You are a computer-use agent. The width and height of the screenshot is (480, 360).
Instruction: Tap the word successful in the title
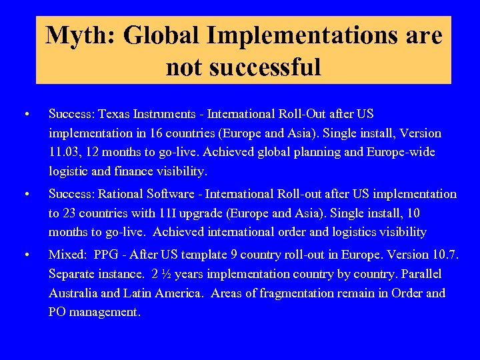point(243,67)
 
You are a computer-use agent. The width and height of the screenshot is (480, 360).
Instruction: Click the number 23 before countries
point(70,213)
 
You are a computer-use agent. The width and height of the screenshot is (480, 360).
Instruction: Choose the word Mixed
point(67,255)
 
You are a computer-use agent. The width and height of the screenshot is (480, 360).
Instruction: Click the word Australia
point(75,293)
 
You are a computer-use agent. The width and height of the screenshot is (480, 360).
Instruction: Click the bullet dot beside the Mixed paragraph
point(25,255)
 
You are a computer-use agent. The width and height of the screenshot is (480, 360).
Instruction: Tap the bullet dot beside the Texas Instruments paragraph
point(25,114)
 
